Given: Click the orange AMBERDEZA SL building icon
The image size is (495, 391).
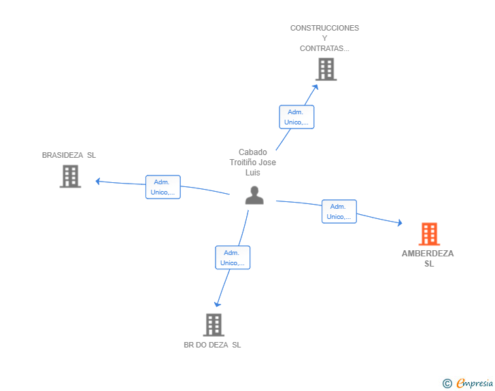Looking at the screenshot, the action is [429, 234].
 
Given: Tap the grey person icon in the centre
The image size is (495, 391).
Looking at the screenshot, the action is [254, 195].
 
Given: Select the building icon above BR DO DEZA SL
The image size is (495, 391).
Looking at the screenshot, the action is [214, 325].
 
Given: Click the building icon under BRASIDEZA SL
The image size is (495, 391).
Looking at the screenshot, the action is [71, 176].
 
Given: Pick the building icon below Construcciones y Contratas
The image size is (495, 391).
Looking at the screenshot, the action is [326, 69].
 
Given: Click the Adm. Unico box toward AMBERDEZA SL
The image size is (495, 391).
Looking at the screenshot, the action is [339, 211].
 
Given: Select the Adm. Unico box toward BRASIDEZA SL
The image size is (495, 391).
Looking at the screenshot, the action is [163, 187].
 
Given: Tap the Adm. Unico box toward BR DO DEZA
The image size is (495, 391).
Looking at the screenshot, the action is [233, 258].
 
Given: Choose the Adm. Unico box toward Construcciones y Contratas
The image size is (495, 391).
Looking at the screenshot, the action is [296, 117].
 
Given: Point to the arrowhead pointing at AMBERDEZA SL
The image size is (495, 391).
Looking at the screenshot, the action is [400, 222].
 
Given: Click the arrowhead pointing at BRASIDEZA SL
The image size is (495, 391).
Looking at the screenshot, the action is [98, 182].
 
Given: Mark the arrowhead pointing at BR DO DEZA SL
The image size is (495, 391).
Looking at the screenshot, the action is [217, 304].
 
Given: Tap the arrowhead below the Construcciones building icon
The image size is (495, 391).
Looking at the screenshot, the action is [315, 87].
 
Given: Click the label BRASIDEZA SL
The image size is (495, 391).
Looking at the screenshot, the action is [69, 155].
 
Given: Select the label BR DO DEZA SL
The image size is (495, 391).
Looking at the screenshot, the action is [212, 345].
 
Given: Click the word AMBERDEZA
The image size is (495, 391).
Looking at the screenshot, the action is [428, 253].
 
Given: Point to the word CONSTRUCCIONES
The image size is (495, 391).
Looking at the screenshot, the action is [324, 28].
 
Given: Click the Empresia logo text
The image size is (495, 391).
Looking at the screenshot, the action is [475, 384].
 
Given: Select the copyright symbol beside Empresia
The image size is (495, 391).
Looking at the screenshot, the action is [447, 384].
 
